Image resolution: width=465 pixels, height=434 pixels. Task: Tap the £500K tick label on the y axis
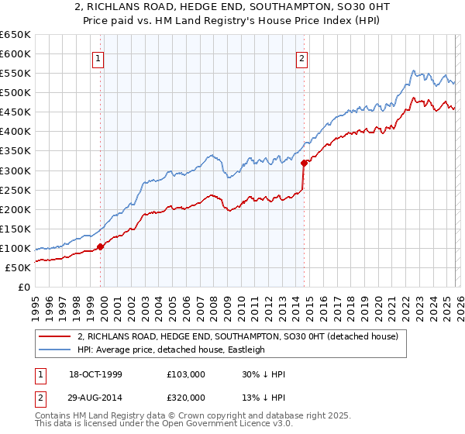coord(15,92)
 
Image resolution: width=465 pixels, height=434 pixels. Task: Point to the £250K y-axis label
coord(15,190)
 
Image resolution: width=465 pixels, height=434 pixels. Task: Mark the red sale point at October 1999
coord(101,246)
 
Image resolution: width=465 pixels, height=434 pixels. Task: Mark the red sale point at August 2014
coord(304,163)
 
